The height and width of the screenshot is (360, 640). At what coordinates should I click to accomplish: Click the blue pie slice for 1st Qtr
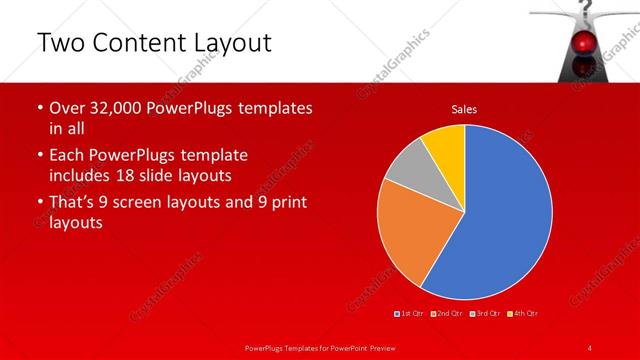[x=500, y=210]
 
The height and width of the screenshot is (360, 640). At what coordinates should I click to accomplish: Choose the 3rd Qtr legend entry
[x=485, y=314]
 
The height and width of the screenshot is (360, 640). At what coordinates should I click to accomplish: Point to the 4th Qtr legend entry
[x=523, y=314]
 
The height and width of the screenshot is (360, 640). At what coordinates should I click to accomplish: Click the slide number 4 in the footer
[x=589, y=347]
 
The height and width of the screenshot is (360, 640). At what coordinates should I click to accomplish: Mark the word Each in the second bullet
[x=68, y=155]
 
